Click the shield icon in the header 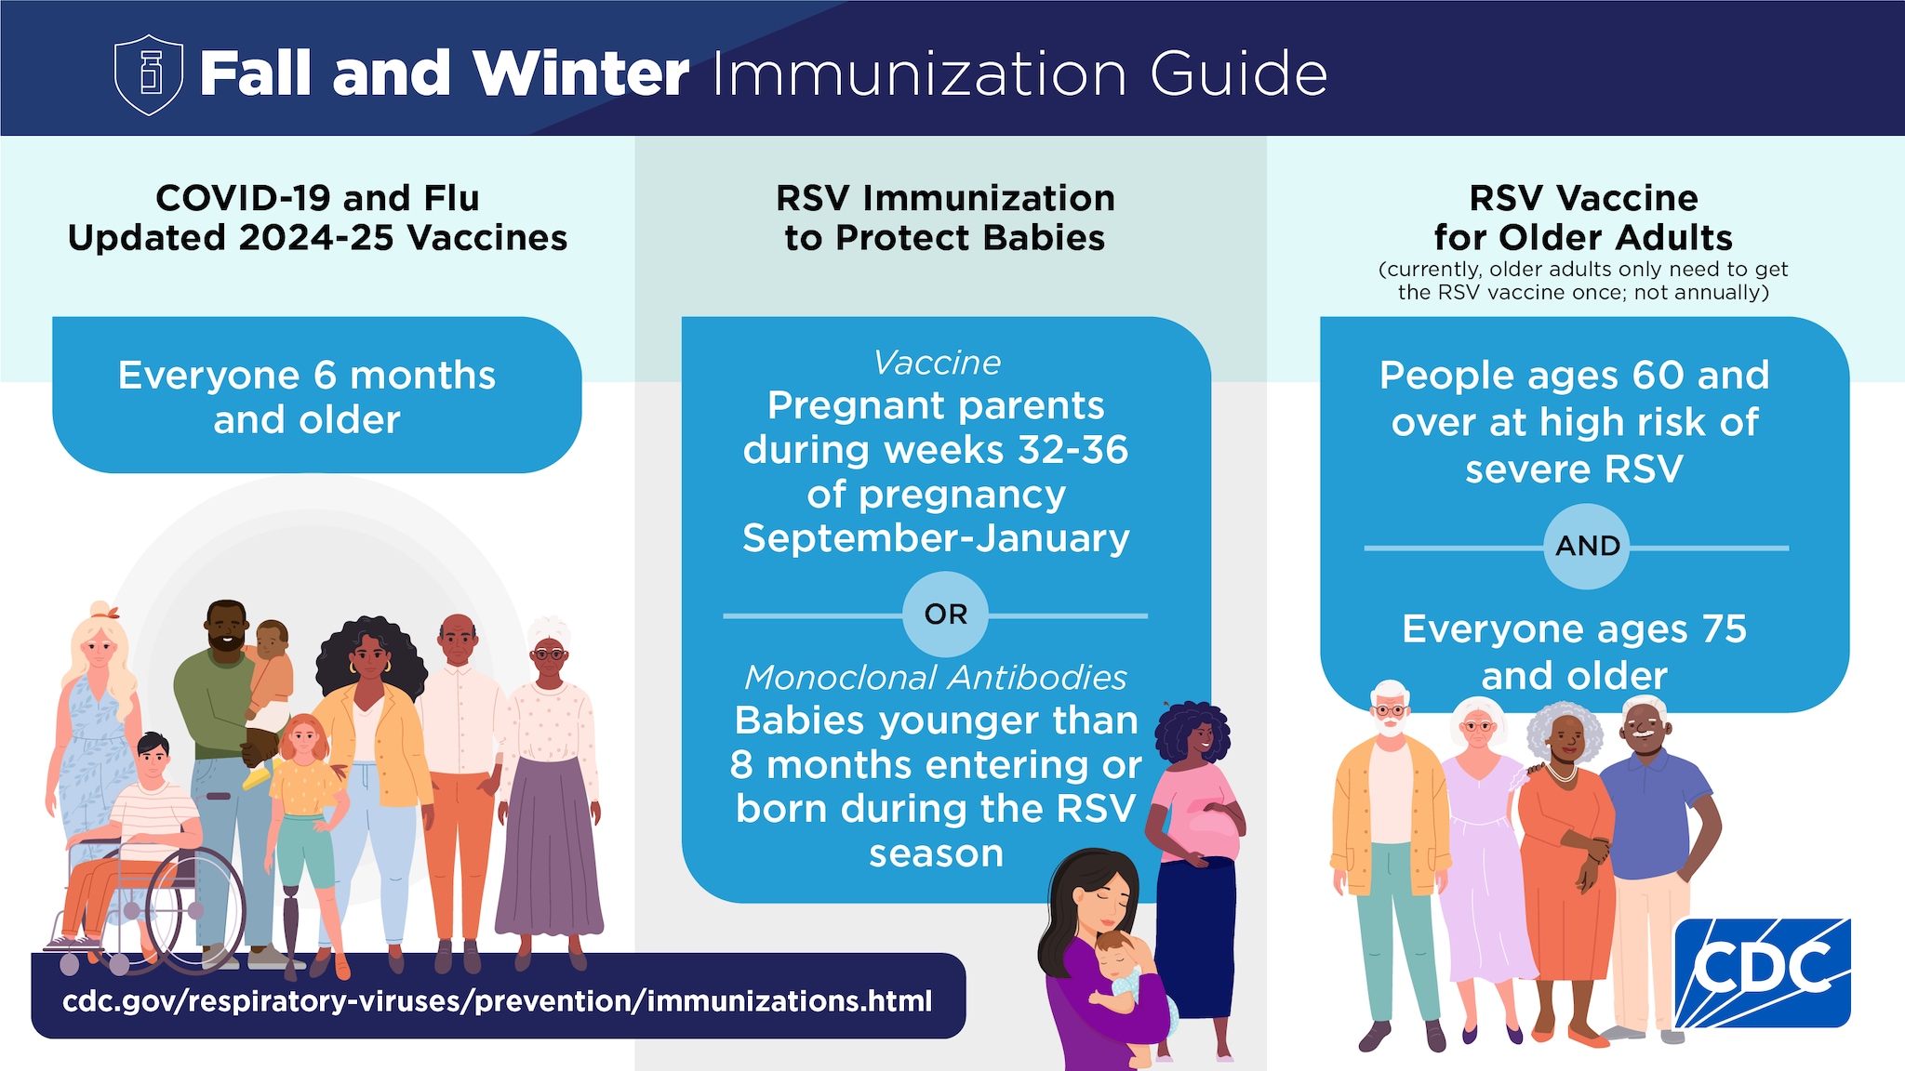pyautogui.click(x=149, y=74)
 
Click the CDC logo pyautogui.click(x=1762, y=972)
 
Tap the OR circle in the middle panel pyautogui.click(x=945, y=615)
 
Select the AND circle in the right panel pyautogui.click(x=1587, y=546)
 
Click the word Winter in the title pyautogui.click(x=580, y=74)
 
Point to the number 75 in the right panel pyautogui.click(x=1724, y=629)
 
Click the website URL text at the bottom pyautogui.click(x=498, y=1001)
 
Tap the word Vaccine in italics pyautogui.click(x=937, y=363)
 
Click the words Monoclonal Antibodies pyautogui.click(x=936, y=678)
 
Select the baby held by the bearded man pyautogui.click(x=269, y=665)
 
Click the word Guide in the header pyautogui.click(x=1238, y=74)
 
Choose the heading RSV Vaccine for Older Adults pyautogui.click(x=1583, y=218)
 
